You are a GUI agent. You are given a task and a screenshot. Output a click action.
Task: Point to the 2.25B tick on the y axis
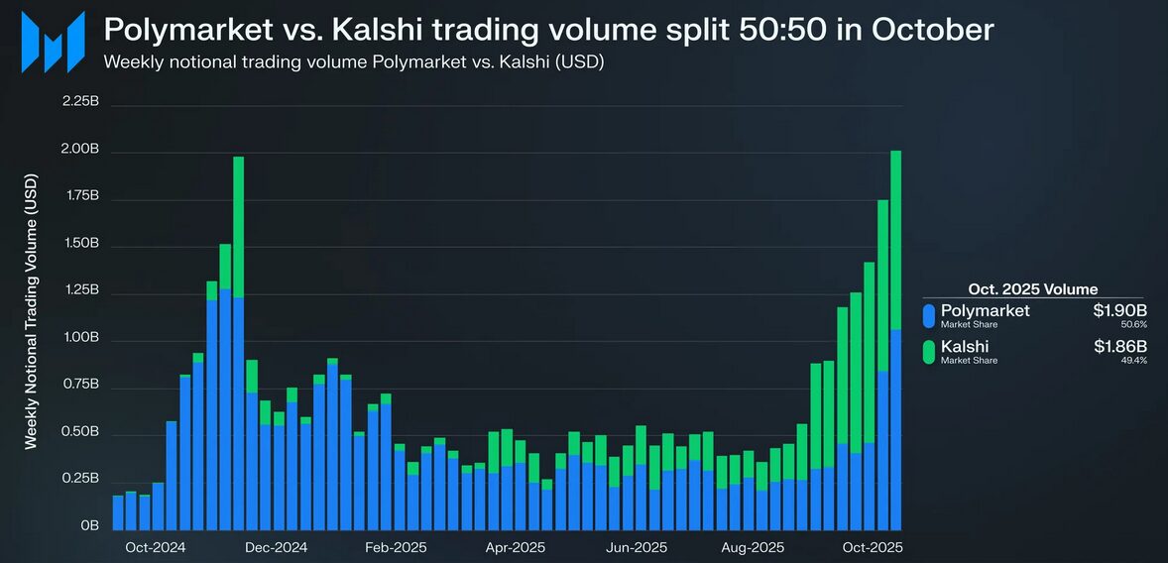pyautogui.click(x=80, y=102)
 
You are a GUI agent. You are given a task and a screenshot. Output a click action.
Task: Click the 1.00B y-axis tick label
pyautogui.click(x=80, y=338)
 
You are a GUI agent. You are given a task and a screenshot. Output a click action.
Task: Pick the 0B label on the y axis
pyautogui.click(x=89, y=526)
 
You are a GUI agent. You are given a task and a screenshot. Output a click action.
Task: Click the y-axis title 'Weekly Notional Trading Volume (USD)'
pyautogui.click(x=31, y=312)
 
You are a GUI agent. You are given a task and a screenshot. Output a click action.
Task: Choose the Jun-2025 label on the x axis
pyautogui.click(x=637, y=547)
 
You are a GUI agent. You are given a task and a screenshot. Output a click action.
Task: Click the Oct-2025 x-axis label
pyautogui.click(x=873, y=547)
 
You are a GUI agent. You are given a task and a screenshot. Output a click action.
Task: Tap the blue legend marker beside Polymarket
pyautogui.click(x=929, y=316)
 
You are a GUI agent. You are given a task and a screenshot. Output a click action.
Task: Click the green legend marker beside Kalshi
pyautogui.click(x=929, y=352)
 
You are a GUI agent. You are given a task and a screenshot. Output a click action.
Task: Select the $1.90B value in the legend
pyautogui.click(x=1120, y=311)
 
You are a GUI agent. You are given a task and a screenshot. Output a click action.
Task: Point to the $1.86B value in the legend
pyautogui.click(x=1120, y=347)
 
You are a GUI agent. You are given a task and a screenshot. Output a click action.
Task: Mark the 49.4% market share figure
pyautogui.click(x=1133, y=361)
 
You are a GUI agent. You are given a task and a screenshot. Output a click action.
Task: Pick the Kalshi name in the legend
pyautogui.click(x=965, y=347)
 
